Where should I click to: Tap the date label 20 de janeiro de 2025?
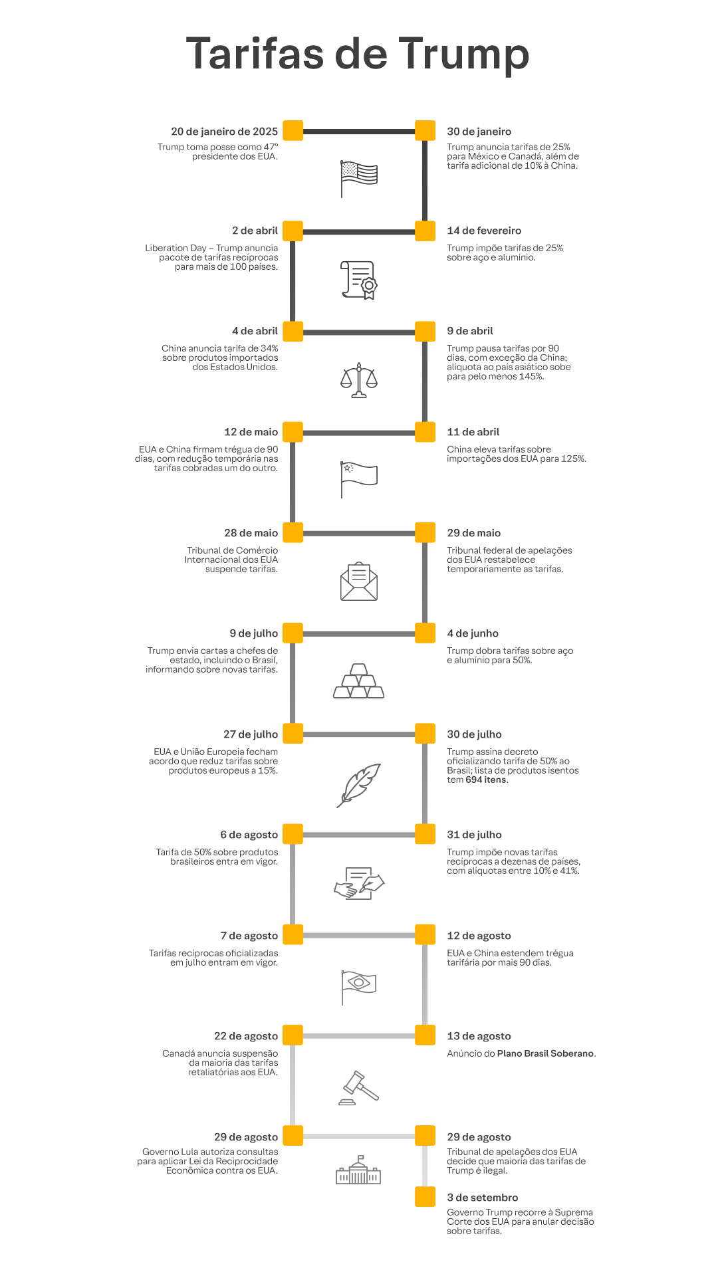(x=224, y=132)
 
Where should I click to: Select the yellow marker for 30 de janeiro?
(x=425, y=131)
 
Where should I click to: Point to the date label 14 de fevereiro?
(x=484, y=231)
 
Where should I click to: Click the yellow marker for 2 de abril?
(x=293, y=231)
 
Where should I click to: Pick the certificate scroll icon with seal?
(x=359, y=280)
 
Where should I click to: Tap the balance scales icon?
(x=359, y=380)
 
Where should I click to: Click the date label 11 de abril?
(x=473, y=432)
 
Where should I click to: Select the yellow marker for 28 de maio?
(x=293, y=533)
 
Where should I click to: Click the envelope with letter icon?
(x=359, y=582)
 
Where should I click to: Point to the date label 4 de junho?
(x=473, y=633)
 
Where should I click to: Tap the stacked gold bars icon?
(x=359, y=681)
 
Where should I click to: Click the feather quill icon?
(x=359, y=785)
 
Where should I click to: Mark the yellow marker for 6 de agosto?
(x=293, y=835)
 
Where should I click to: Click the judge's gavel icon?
(x=359, y=1087)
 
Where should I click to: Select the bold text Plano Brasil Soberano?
(x=546, y=1053)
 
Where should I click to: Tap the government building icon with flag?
(x=359, y=1170)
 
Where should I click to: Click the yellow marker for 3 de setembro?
(x=425, y=1197)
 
